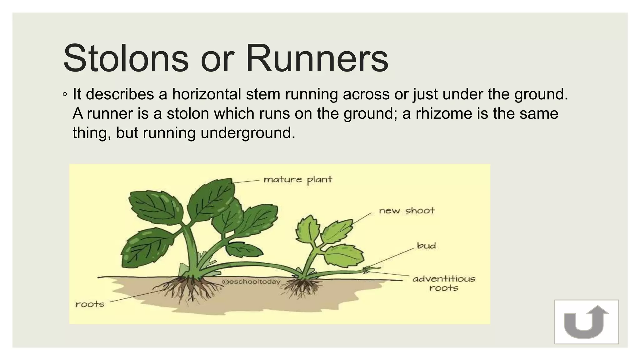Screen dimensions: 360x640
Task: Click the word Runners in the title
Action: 317,58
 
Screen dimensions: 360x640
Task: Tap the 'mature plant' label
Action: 297,180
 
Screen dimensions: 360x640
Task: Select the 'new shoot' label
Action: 406,211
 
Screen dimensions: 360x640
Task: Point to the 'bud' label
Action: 426,246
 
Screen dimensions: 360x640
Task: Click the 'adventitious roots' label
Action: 444,283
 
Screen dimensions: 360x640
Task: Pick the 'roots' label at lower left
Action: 90,304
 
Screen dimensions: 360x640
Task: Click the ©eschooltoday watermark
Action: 251,282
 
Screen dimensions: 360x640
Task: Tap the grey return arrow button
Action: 586,322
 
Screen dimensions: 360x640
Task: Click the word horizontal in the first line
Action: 206,94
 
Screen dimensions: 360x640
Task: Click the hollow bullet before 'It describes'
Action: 64,95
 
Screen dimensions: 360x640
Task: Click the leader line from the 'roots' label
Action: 137,295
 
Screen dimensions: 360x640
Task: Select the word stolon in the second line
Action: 187,113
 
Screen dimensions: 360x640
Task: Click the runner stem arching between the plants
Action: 250,264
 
